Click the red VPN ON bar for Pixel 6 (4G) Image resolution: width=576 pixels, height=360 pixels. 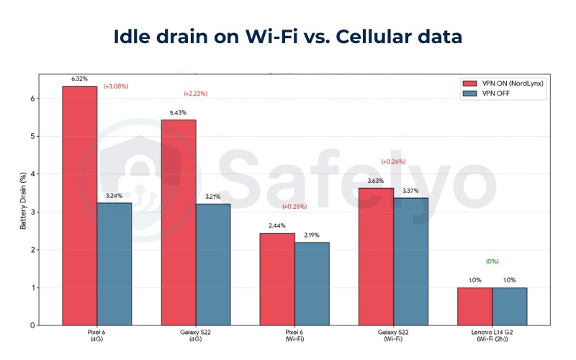pos(79,205)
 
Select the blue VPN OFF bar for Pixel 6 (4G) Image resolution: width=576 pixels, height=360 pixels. pos(114,264)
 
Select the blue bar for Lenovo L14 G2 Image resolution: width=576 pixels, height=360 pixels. pos(510,306)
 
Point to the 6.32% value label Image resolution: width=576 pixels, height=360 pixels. pos(79,78)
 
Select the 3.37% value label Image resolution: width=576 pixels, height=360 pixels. pos(411,190)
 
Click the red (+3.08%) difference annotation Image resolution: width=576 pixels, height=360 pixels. pos(116,86)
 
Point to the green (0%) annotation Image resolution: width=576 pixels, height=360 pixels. pos(492,261)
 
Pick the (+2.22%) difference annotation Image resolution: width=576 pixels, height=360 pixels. pos(196,94)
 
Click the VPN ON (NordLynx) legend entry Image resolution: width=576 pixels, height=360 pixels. pos(503,83)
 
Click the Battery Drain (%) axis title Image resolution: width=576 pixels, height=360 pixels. pos(23,201)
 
